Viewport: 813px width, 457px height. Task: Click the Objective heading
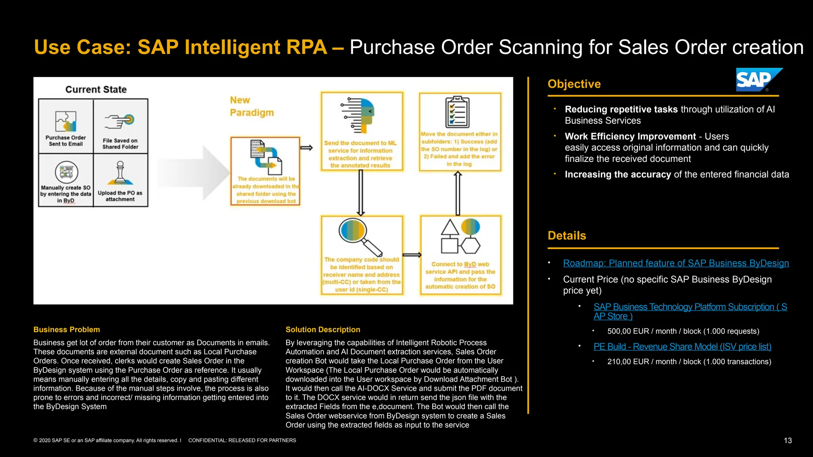click(x=574, y=84)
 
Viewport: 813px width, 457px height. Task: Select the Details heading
click(x=566, y=236)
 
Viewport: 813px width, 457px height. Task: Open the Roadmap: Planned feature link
click(x=676, y=263)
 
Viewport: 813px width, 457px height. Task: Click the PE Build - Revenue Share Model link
click(x=682, y=347)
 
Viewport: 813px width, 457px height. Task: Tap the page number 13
click(x=788, y=440)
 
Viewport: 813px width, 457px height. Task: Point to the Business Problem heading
click(x=67, y=330)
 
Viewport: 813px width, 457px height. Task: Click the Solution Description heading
click(x=323, y=330)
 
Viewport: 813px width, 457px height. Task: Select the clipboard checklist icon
click(x=457, y=112)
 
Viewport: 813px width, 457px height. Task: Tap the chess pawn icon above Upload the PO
click(x=120, y=173)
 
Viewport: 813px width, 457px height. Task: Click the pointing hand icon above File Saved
click(x=119, y=121)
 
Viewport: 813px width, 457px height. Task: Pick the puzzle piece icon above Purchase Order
click(x=66, y=121)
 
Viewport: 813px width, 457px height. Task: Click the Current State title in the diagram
click(x=96, y=90)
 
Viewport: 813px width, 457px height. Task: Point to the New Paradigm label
click(x=251, y=106)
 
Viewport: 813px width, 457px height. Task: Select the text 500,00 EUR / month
click(x=683, y=331)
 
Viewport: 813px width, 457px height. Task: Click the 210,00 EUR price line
click(x=689, y=362)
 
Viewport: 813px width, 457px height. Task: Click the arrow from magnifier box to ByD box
click(x=412, y=255)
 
